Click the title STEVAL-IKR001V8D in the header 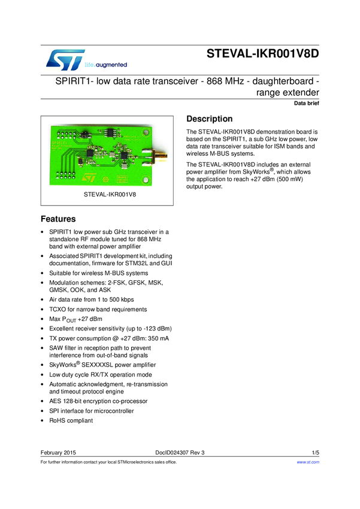click(263, 53)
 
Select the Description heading click(210, 119)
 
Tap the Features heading click(58, 219)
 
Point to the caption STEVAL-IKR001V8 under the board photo click(106, 195)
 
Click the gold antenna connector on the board click(160, 159)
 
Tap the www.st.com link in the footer click(308, 462)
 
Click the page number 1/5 click(315, 452)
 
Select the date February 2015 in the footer click(58, 452)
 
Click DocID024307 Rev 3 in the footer click(180, 452)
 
